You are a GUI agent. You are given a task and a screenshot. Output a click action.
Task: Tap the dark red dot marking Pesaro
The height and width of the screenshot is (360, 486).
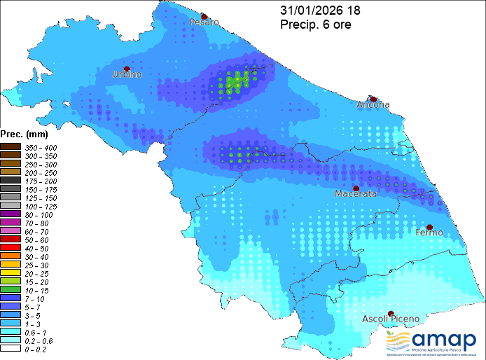tap(204, 15)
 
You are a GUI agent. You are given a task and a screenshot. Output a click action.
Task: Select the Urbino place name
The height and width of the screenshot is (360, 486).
tap(127, 74)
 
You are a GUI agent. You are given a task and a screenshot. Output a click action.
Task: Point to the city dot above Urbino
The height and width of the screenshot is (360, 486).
tap(127, 68)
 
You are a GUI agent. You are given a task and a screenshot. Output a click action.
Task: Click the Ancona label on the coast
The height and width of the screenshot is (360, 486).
tap(373, 105)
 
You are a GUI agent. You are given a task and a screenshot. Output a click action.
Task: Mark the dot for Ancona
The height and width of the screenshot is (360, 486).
tap(374, 99)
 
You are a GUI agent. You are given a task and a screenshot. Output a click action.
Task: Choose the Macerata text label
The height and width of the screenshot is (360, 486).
tap(356, 194)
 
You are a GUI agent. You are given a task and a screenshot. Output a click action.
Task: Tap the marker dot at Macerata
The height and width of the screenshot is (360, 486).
tap(356, 188)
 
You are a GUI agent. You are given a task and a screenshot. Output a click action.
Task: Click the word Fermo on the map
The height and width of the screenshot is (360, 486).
tap(429, 232)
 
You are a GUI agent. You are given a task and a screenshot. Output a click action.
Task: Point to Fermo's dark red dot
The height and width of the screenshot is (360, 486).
tap(430, 226)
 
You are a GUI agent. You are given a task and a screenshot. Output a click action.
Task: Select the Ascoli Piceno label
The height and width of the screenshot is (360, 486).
tap(391, 319)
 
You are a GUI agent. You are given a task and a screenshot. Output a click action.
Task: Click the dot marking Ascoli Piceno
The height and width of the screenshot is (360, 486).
tap(391, 313)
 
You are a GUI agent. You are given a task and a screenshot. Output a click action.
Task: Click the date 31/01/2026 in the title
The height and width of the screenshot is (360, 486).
tap(307, 11)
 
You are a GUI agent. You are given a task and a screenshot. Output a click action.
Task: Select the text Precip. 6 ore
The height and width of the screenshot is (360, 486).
tap(315, 25)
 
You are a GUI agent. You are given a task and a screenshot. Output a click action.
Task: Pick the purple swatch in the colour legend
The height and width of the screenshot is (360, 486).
tap(11, 214)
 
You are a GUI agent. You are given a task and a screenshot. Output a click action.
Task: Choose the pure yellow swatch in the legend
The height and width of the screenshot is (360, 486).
tap(11, 272)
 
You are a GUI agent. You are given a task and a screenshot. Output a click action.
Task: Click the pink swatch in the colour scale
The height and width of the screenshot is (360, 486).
tap(11, 230)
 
